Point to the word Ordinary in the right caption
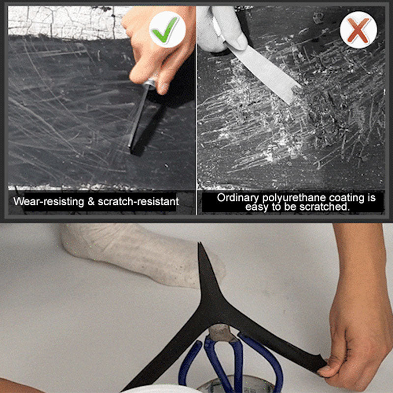coord(238,198)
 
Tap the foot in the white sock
coord(138,255)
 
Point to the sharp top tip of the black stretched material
coord(200,246)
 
